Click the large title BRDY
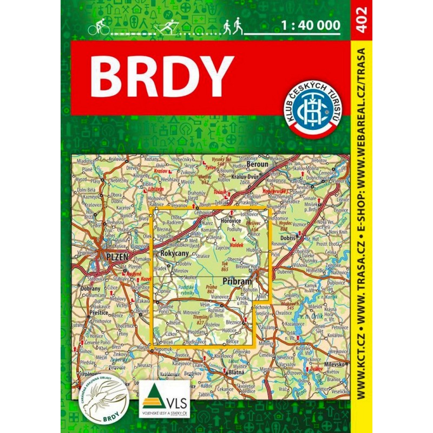pyautogui.click(x=162, y=76)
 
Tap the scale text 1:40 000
pyautogui.click(x=311, y=24)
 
